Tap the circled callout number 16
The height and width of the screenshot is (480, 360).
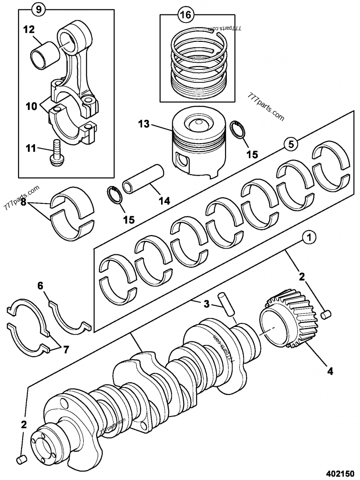185,15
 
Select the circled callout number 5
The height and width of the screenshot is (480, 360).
291,144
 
